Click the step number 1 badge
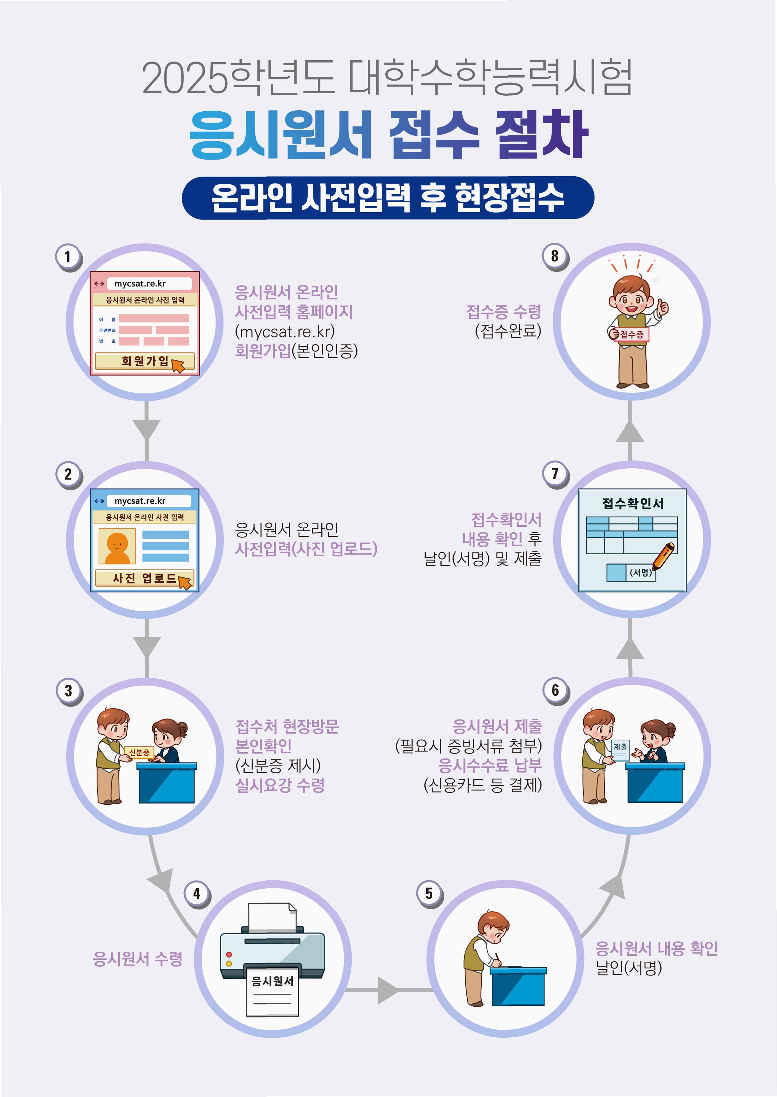[x=68, y=257]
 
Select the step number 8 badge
[x=555, y=256]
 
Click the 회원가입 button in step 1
[x=145, y=361]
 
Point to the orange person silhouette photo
[x=117, y=546]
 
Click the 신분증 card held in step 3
[x=139, y=753]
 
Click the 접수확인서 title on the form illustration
[x=632, y=504]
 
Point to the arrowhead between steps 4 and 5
[x=387, y=990]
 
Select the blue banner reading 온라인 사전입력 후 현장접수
[x=388, y=198]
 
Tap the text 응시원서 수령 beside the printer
[x=138, y=959]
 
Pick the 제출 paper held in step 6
[x=621, y=749]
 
